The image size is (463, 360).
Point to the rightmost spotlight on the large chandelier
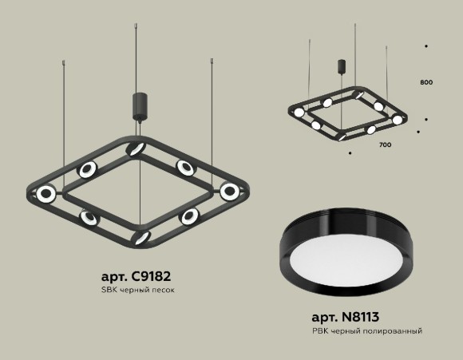pos(231,190)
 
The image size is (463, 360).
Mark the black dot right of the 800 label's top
pos(425,47)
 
